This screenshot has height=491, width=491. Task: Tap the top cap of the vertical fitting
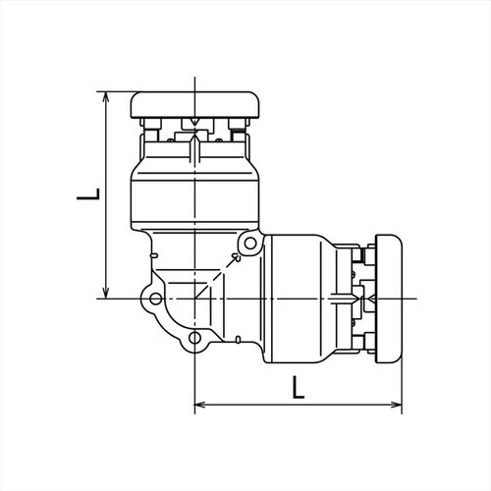point(196,103)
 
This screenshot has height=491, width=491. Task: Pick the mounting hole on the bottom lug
point(195,340)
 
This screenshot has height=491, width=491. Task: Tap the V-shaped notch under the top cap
point(196,124)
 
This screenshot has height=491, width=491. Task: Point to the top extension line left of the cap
point(118,92)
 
